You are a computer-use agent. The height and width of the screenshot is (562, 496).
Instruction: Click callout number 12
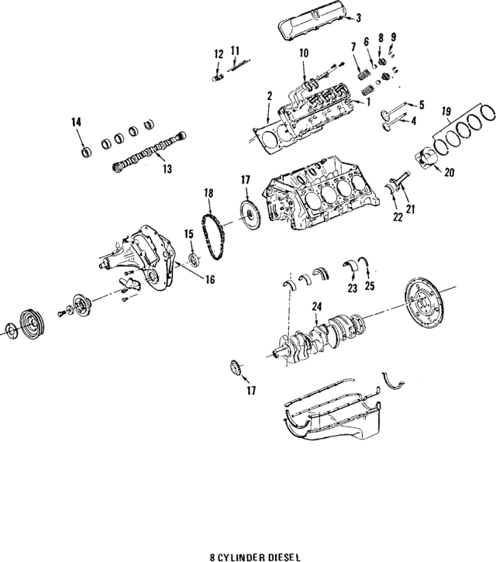pos(219,53)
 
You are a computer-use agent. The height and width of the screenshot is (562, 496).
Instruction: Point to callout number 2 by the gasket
pos(269,96)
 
